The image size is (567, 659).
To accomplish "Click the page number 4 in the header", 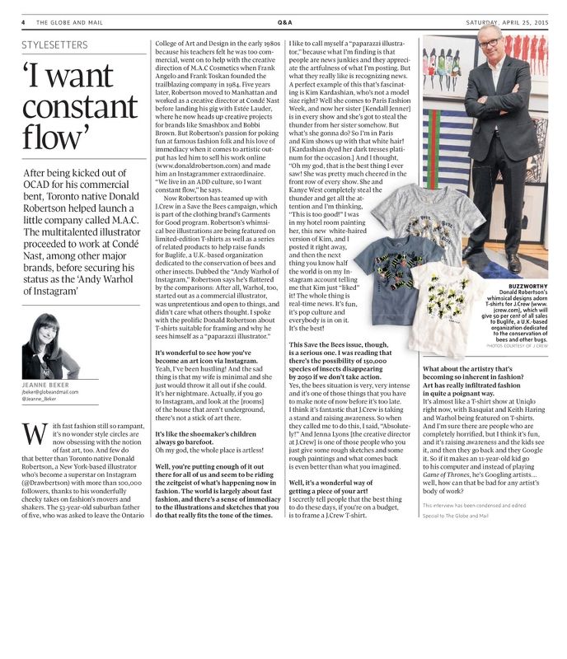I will (24, 23).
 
